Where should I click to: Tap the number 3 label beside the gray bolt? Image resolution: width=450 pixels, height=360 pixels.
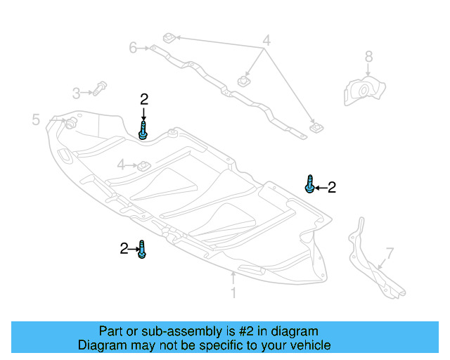(76, 92)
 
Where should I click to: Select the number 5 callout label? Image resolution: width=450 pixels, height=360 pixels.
(36, 120)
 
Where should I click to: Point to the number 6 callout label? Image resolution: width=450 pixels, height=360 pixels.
(133, 48)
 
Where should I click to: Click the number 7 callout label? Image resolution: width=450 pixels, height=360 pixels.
(390, 253)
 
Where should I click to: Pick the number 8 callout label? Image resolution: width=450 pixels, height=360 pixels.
(368, 56)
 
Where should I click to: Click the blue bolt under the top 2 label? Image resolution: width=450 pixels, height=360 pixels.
(143, 131)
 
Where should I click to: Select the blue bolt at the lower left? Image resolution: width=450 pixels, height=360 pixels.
(142, 249)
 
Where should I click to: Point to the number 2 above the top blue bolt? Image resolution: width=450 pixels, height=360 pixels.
(143, 99)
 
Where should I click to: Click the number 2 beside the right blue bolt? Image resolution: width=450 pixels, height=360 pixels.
(332, 187)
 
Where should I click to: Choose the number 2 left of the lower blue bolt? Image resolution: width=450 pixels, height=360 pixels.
(124, 248)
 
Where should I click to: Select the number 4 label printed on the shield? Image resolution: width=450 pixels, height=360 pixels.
(121, 165)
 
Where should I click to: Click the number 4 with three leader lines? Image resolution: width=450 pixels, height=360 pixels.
(266, 40)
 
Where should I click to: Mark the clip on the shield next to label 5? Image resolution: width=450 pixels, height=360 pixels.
(72, 124)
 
